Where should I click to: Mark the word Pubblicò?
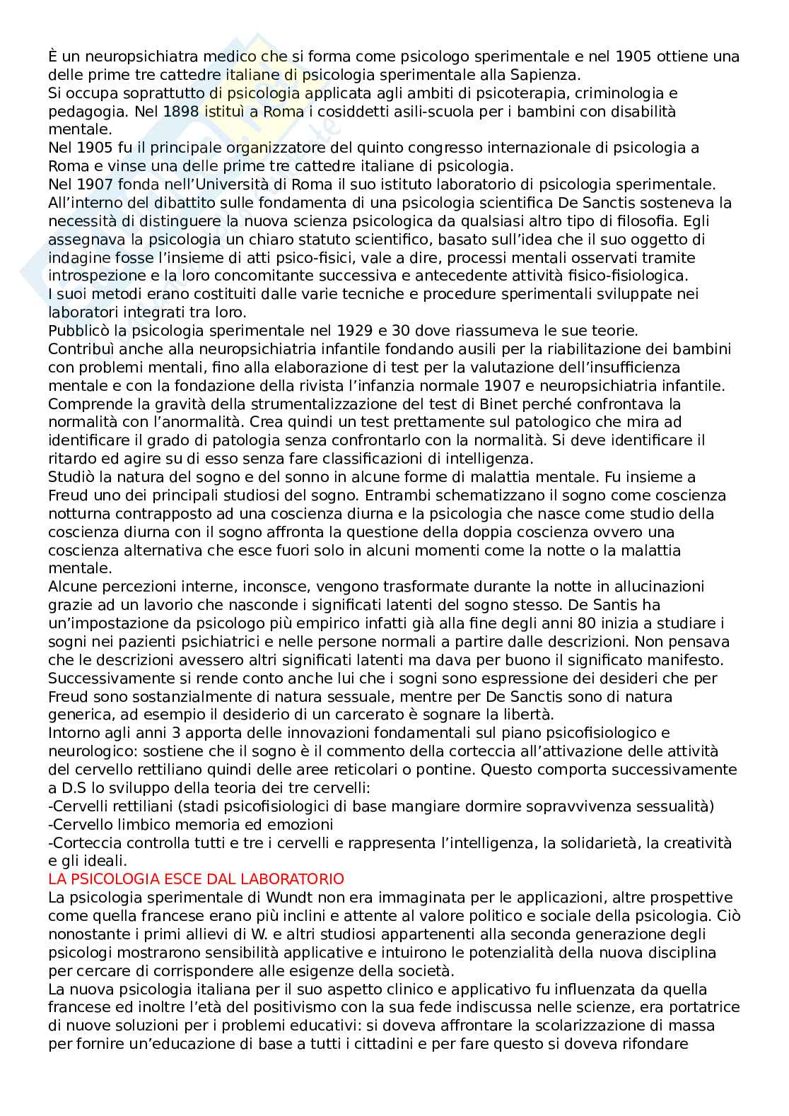click(79, 330)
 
